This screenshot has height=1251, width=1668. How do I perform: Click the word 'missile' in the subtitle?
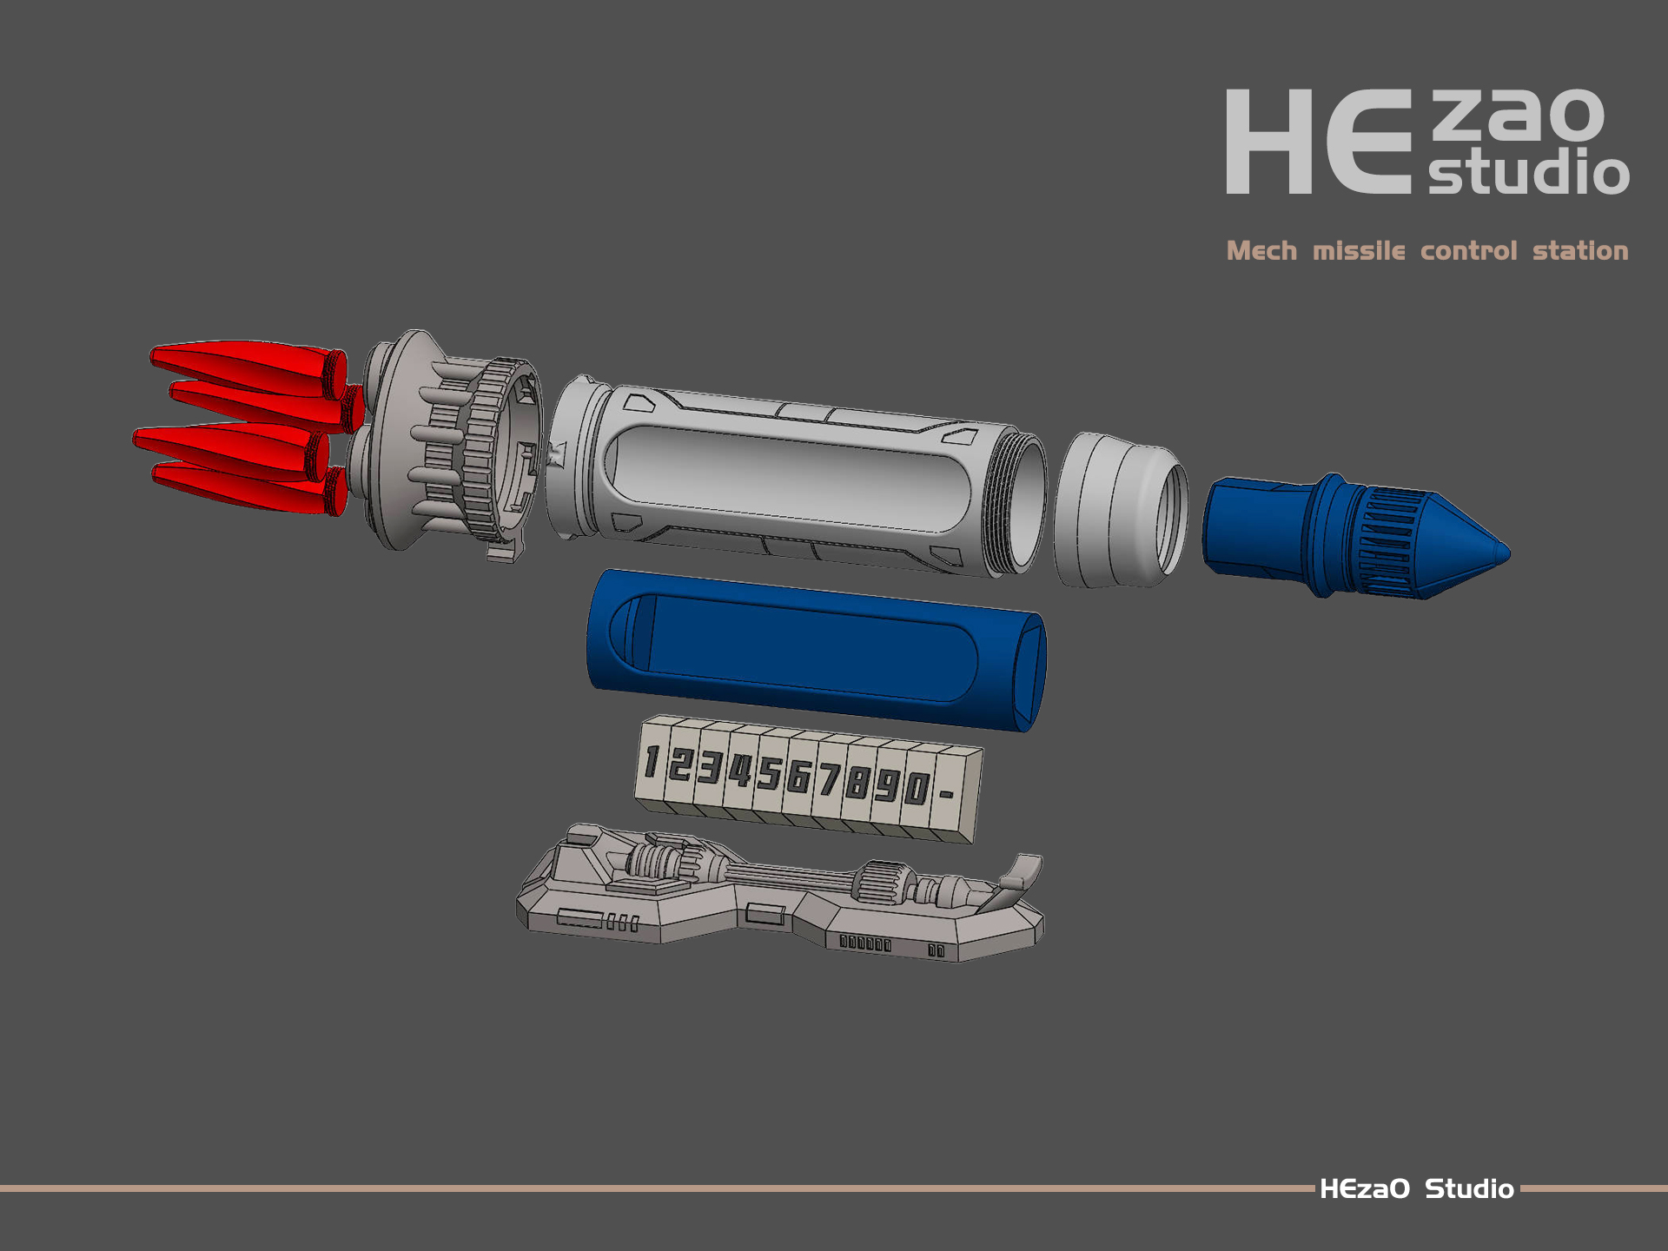tap(1359, 251)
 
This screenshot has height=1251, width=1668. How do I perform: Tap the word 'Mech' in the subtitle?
tap(1261, 251)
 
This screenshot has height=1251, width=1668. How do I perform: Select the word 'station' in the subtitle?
tap(1580, 251)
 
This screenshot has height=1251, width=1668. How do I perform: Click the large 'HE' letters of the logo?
tap(1319, 142)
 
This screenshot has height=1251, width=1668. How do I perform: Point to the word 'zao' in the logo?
tap(1518, 115)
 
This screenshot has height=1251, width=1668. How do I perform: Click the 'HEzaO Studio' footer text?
tap(1417, 1188)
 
